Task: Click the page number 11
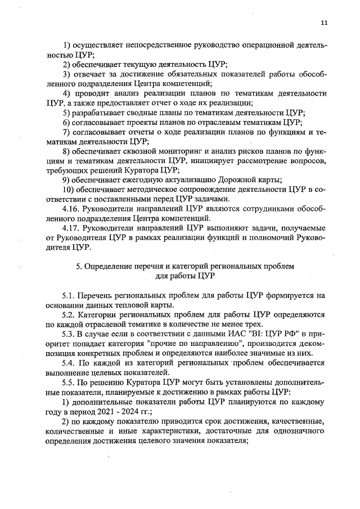(x=323, y=22)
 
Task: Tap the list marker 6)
(x=66, y=121)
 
